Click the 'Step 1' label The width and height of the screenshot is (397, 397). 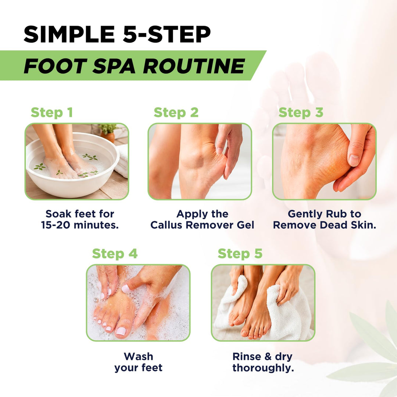tap(52, 112)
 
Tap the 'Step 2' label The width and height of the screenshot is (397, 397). tap(176, 112)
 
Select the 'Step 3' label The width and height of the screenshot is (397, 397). tap(301, 112)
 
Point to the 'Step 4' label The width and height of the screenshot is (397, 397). tap(115, 253)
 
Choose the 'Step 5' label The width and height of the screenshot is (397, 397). tap(240, 253)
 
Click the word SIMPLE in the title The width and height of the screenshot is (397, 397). tap(69, 35)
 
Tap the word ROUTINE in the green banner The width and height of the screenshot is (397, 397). tap(194, 66)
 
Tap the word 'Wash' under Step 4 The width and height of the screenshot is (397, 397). tap(139, 357)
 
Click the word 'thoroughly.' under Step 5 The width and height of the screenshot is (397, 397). tap(263, 368)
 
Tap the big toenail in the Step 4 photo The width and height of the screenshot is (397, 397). tap(121, 331)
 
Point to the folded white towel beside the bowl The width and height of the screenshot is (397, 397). tap(123, 160)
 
